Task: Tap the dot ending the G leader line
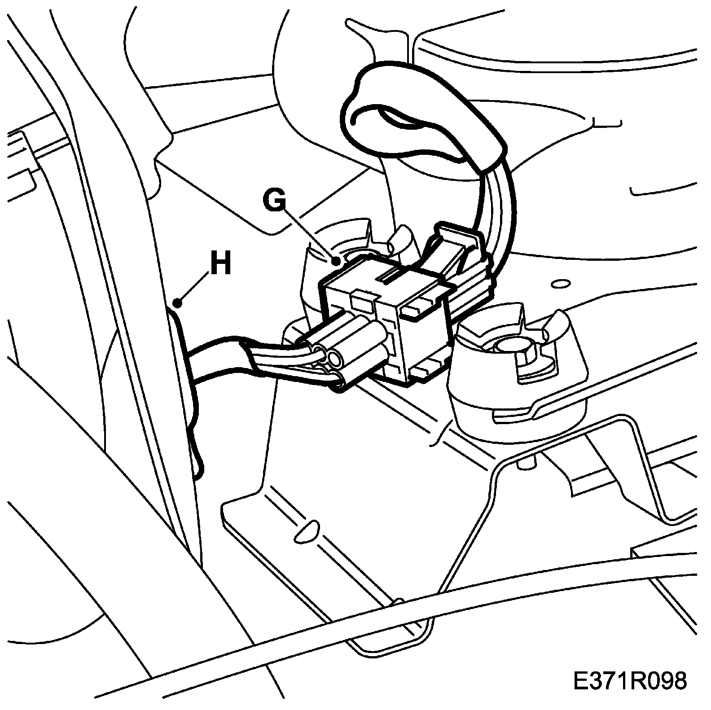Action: (336, 260)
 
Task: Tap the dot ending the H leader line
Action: (178, 303)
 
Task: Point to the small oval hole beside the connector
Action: (559, 283)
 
